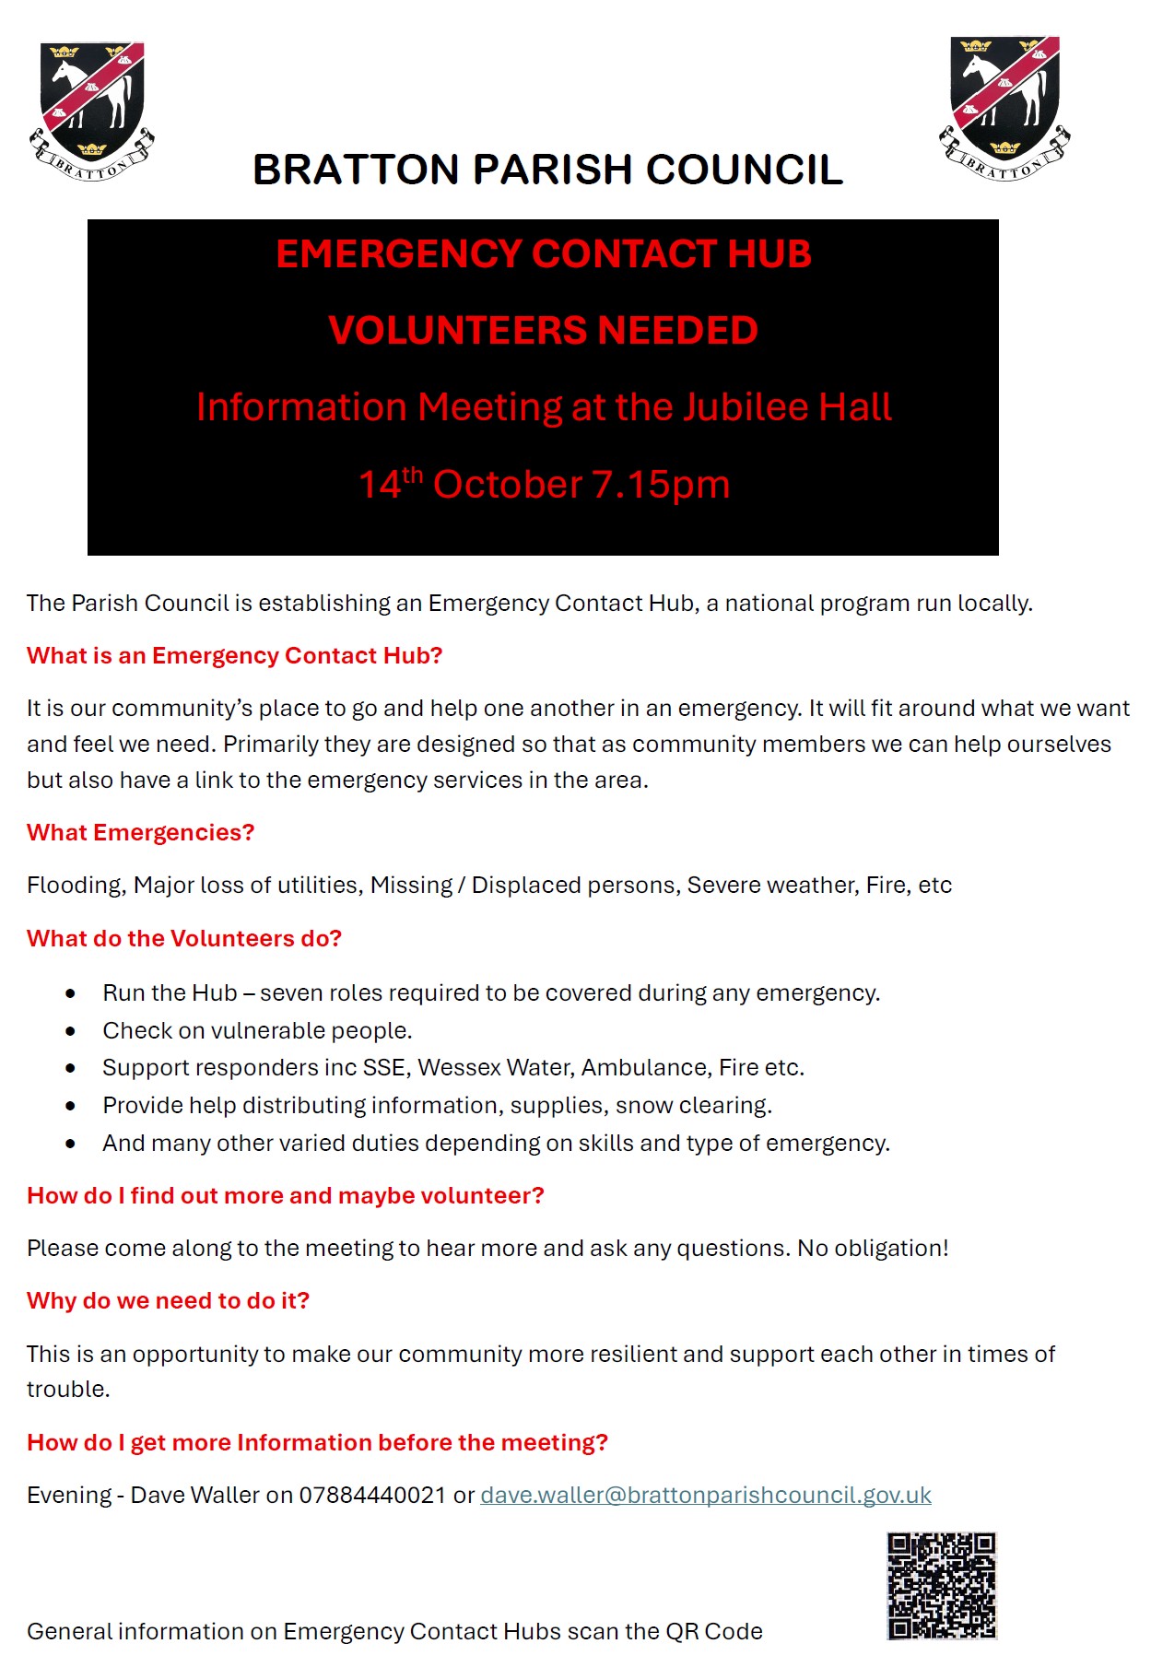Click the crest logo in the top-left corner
click(92, 111)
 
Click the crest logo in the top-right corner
click(1004, 109)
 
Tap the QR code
click(941, 1585)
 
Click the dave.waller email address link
click(705, 1495)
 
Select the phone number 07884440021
click(372, 1495)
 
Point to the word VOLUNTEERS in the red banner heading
click(457, 330)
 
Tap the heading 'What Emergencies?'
click(140, 832)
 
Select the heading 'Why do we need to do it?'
click(168, 1300)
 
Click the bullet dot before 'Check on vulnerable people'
click(71, 1031)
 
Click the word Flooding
click(75, 886)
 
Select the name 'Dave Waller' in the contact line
click(194, 1495)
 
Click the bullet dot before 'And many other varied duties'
click(71, 1144)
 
